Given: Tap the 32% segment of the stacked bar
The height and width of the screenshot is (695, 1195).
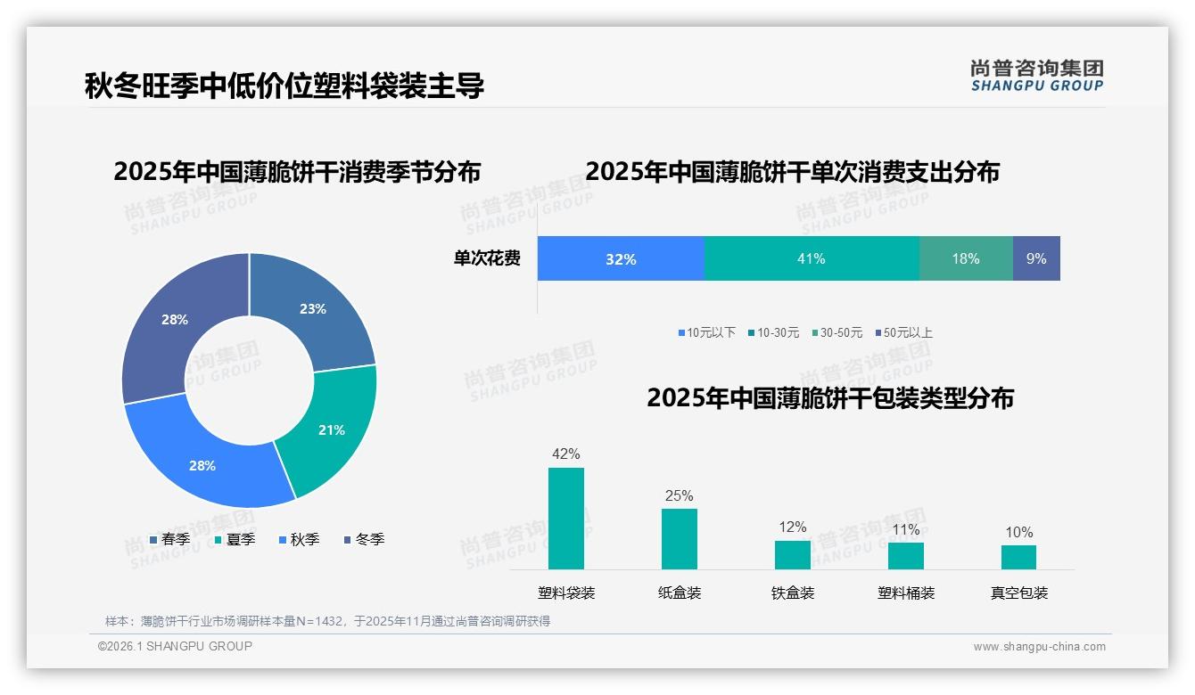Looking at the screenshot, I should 621,259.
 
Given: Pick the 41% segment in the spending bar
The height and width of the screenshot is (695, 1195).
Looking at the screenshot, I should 812,259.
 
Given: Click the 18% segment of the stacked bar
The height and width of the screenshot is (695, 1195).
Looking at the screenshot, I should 966,259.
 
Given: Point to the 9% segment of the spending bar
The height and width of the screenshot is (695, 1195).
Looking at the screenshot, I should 1036,259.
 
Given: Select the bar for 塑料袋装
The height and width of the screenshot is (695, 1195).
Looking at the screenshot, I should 566,519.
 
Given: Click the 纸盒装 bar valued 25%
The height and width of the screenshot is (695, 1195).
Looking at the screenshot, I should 680,539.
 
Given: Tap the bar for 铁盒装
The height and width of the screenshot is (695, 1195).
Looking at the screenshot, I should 793,554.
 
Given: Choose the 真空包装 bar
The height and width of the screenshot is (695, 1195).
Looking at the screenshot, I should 1018,557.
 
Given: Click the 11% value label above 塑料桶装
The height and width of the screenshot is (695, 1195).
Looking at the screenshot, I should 906,530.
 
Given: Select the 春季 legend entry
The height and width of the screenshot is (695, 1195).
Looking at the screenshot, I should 169,539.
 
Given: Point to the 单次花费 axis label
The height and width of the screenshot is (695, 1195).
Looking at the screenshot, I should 487,259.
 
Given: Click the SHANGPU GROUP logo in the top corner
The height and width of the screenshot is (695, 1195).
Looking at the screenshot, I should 1036,76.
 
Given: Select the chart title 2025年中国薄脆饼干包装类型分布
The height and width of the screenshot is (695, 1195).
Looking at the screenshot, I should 830,398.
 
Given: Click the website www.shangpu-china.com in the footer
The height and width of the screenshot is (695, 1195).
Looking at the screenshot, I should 1039,647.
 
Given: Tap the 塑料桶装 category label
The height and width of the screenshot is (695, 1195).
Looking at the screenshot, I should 906,593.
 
